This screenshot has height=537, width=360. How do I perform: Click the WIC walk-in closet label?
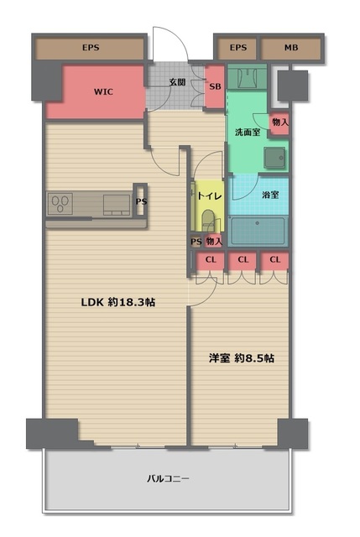point(103,91)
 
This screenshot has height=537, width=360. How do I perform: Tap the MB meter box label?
point(291,48)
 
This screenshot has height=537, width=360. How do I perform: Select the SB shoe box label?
point(215,86)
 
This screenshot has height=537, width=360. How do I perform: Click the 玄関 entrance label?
point(177,82)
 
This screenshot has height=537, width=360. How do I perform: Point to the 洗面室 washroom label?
point(248,133)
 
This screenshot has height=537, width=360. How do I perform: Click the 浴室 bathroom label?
point(270,195)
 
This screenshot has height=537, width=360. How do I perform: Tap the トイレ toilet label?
point(210,196)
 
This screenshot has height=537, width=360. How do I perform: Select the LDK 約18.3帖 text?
point(118,302)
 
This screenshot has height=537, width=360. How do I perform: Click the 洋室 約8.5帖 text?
point(242,358)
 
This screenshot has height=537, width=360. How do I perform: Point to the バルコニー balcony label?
point(168,478)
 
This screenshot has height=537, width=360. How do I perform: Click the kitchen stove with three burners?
point(60,204)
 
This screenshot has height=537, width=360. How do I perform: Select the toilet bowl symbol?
point(207,220)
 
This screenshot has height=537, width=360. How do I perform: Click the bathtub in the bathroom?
point(258,231)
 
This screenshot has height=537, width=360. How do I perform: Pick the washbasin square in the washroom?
point(274,158)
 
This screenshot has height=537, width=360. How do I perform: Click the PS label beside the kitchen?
point(141,201)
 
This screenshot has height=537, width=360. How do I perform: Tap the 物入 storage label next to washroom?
point(279,122)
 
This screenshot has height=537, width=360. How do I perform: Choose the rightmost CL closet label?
point(274,259)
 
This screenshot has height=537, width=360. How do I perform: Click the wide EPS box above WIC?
point(91,48)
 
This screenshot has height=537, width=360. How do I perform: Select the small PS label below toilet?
point(196,242)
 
